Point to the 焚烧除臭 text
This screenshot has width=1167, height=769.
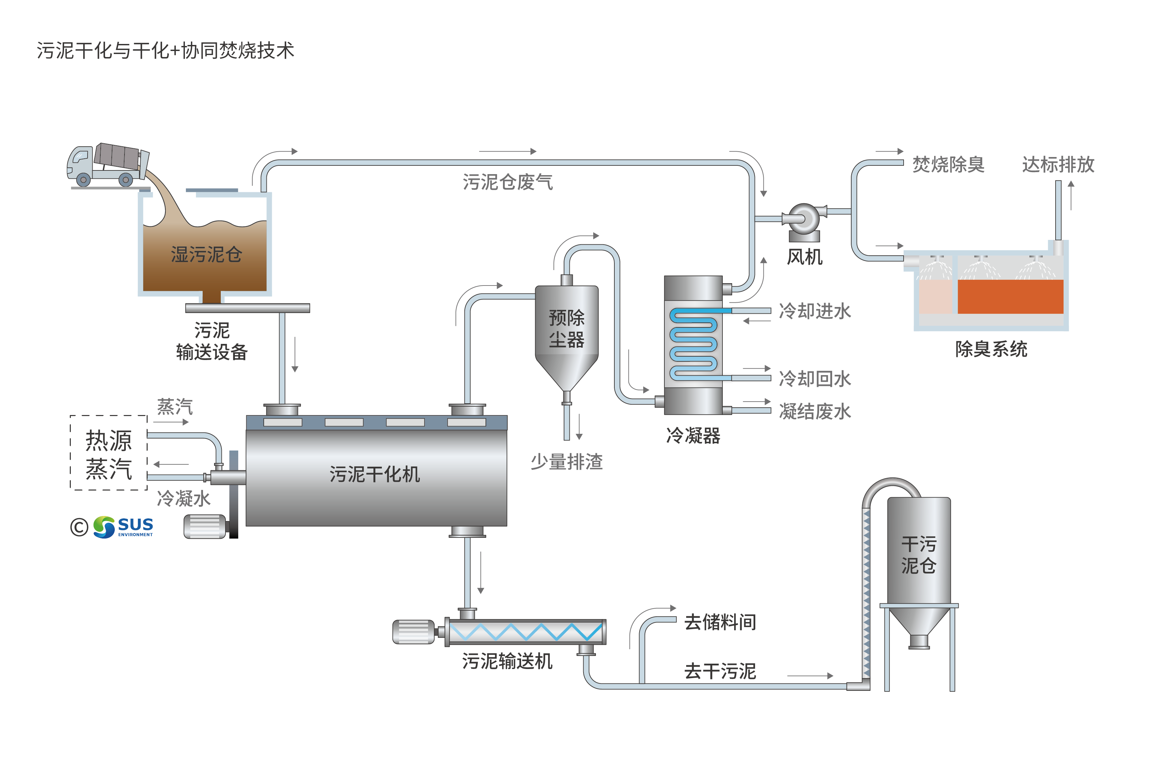[x=948, y=165]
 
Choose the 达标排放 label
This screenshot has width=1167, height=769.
[x=1058, y=165]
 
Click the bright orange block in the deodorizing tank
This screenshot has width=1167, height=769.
[x=1010, y=297]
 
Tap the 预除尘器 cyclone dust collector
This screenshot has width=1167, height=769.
[x=566, y=328]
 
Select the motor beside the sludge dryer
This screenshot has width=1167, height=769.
[x=205, y=527]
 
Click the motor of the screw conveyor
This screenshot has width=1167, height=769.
[x=413, y=632]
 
